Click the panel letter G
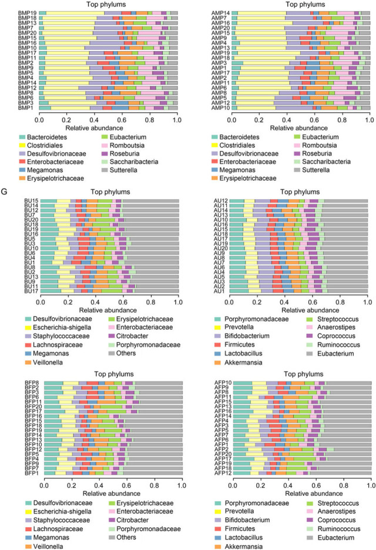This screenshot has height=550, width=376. click(4, 192)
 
